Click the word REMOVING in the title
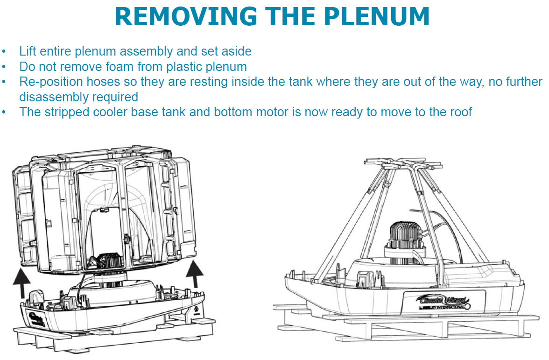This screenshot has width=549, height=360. (x=185, y=17)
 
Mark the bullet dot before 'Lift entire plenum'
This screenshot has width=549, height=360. (x=5, y=52)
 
